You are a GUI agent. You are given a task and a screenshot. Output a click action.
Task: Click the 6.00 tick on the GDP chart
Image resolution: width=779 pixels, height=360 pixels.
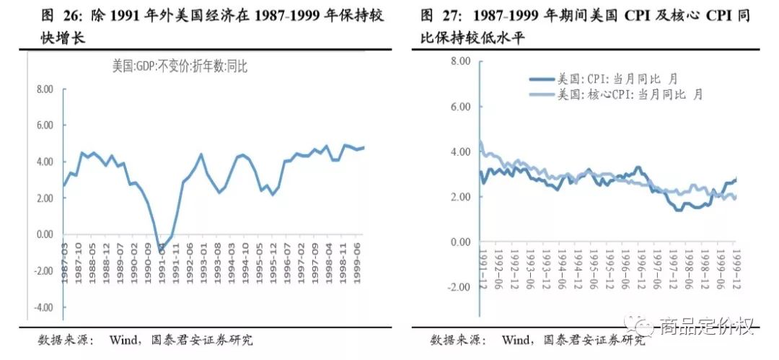click(x=45, y=125)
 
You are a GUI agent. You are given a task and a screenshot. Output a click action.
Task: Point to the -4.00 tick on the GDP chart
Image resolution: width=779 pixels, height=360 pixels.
click(x=43, y=307)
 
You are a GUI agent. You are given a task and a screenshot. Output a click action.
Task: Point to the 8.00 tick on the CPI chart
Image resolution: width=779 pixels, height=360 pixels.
click(x=459, y=61)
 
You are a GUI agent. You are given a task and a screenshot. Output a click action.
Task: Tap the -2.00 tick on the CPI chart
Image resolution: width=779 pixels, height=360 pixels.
click(x=457, y=286)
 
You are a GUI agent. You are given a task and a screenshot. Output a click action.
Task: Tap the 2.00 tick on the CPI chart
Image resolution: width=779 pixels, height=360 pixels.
click(x=459, y=197)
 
